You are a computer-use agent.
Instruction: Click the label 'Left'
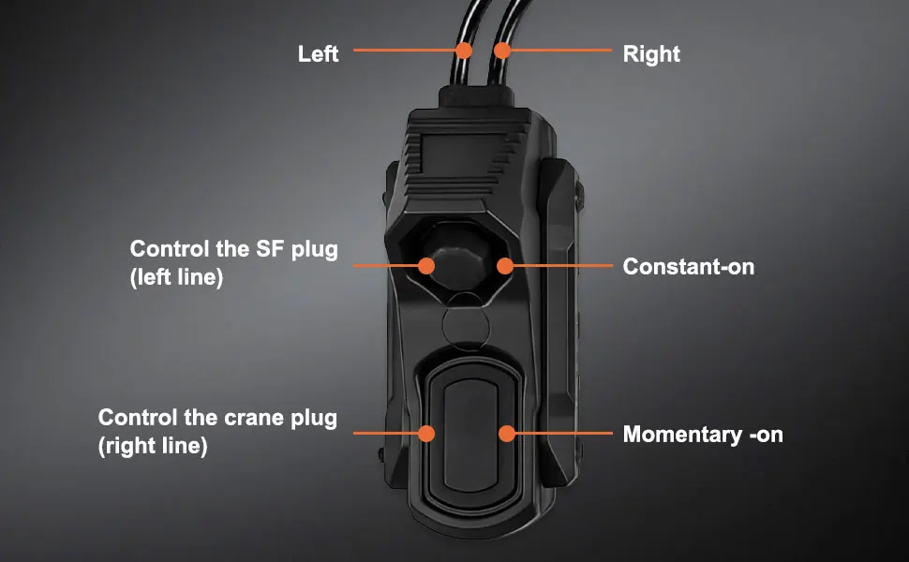click(x=318, y=54)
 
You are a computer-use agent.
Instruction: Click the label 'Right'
click(x=651, y=54)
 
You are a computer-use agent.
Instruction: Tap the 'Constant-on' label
click(x=688, y=267)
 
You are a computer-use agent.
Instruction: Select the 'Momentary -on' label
click(x=703, y=434)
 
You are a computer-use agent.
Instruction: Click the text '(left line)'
click(x=176, y=277)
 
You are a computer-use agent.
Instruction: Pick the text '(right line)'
click(x=153, y=446)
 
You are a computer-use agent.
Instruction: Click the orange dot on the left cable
click(x=464, y=51)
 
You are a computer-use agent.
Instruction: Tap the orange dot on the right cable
click(x=502, y=51)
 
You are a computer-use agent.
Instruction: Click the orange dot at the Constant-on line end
click(x=505, y=266)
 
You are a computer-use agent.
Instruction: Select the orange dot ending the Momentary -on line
click(x=507, y=434)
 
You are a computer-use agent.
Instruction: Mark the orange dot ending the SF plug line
click(x=426, y=266)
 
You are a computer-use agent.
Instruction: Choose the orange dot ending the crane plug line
click(x=426, y=434)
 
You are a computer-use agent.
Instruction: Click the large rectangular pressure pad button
click(x=470, y=436)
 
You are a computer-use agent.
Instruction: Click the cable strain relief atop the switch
click(x=474, y=96)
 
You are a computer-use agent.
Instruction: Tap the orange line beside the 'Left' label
click(x=405, y=51)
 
